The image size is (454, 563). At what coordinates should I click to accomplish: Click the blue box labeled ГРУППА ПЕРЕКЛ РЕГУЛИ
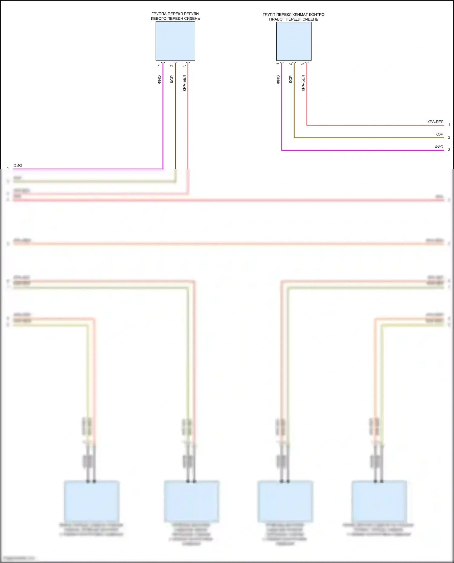(175, 41)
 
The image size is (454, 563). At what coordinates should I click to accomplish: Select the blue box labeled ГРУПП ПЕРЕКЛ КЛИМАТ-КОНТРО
(294, 41)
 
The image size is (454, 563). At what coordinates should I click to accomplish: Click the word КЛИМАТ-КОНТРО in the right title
(308, 15)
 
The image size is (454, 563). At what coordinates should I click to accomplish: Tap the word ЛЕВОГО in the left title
(157, 18)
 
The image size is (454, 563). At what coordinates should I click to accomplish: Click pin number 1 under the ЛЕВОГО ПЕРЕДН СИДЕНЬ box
(159, 65)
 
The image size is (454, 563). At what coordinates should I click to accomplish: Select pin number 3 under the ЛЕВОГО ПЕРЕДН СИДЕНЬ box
(184, 65)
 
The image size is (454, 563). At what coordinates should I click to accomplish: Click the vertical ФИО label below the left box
(160, 80)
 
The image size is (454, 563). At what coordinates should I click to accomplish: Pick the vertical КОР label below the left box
(172, 79)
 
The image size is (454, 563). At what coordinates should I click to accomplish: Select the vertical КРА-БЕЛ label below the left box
(184, 83)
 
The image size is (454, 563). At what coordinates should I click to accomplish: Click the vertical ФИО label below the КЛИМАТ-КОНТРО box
(278, 80)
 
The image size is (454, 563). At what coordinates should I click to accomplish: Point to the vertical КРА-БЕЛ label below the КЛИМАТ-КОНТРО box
(303, 83)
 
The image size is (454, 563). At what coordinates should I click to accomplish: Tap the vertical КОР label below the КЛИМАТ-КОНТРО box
(291, 79)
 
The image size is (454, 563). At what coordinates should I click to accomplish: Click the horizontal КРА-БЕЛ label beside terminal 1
(435, 122)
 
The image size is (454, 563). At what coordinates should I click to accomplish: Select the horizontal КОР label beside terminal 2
(439, 134)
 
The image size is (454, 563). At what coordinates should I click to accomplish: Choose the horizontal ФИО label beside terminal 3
(439, 147)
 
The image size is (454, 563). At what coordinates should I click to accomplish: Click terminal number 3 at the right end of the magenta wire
(449, 150)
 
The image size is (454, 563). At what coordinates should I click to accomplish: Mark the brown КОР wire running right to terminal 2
(363, 138)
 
